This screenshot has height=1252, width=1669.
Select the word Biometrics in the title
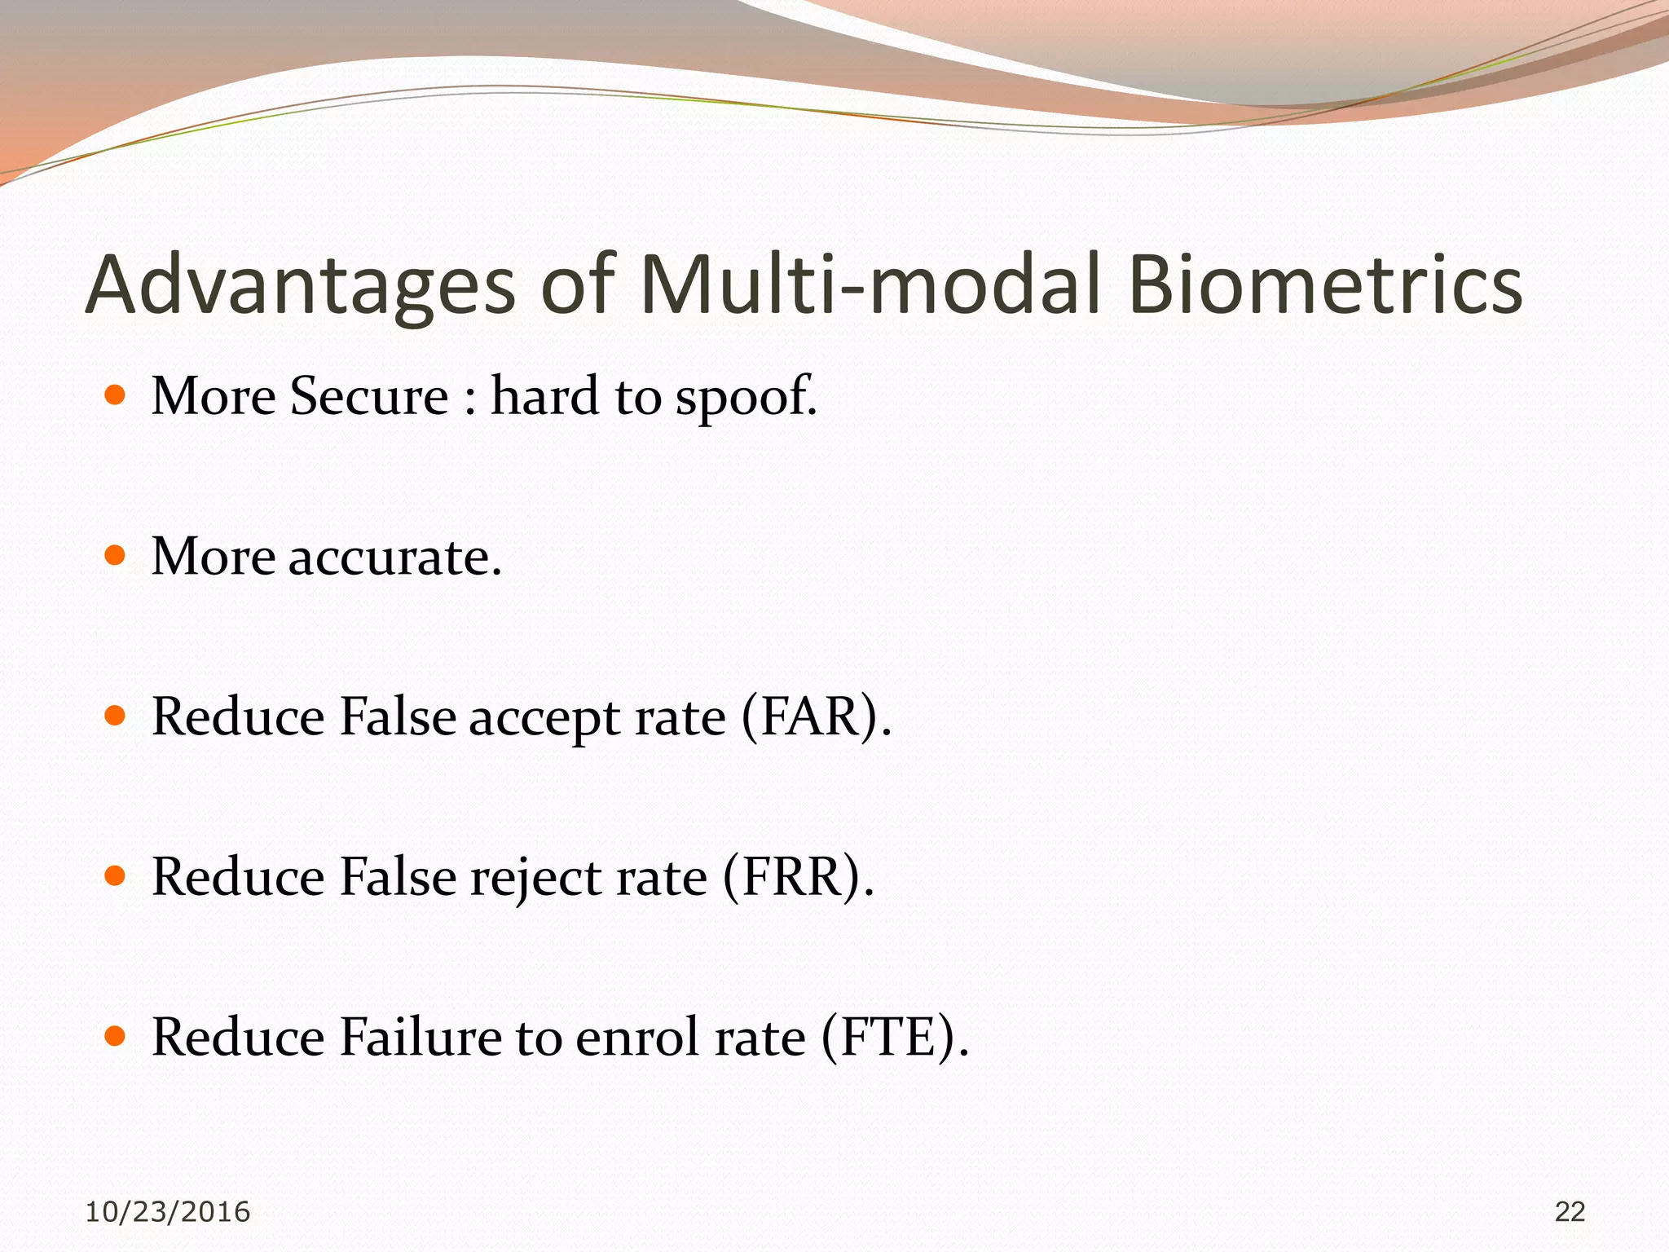coord(1325,285)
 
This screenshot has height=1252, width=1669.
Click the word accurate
coord(394,558)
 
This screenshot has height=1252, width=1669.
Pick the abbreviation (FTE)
coord(895,1037)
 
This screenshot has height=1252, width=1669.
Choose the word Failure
coord(420,1037)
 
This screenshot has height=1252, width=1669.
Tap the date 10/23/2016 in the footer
coord(167,1212)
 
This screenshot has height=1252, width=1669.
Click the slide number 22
coord(1570,1212)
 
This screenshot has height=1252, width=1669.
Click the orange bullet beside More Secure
coord(116,396)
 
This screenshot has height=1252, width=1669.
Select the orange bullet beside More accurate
coord(116,557)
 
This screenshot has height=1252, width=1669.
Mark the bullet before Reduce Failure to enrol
coord(116,1036)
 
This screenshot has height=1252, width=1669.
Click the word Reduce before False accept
coord(238,717)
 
